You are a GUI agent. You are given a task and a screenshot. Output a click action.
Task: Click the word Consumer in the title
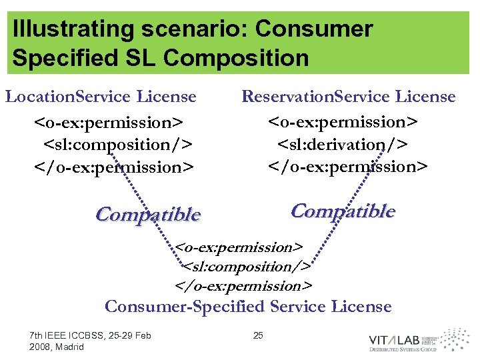coord(314,29)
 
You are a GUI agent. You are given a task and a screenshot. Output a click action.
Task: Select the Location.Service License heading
coord(101,97)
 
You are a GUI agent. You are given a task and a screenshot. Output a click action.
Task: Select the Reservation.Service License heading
coord(348,97)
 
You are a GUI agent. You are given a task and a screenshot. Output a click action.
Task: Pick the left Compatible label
coord(147,215)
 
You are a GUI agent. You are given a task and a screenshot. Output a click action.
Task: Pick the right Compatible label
coord(343,211)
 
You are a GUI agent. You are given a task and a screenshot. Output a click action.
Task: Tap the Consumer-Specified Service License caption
coord(248,307)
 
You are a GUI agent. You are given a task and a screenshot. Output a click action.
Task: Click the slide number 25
coord(259,335)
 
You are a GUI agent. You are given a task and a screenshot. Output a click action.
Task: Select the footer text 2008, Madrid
coord(57,347)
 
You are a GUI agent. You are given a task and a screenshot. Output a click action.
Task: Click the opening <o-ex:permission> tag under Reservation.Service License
coord(343,121)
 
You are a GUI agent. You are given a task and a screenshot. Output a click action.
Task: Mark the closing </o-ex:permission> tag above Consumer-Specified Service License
coord(243,286)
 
